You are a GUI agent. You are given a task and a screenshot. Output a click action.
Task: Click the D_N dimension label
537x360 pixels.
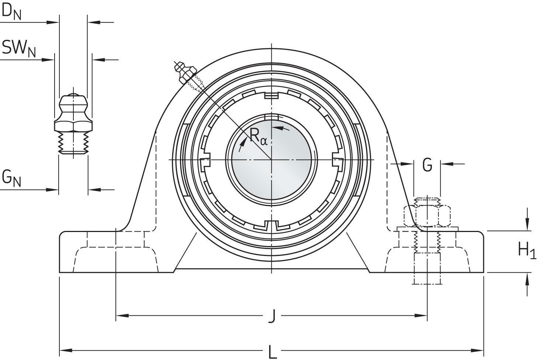(11, 12)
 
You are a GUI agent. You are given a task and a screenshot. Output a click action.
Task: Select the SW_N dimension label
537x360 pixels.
(18, 48)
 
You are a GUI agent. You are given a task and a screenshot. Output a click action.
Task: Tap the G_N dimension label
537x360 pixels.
(11, 178)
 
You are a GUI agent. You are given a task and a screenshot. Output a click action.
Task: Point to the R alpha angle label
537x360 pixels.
(258, 136)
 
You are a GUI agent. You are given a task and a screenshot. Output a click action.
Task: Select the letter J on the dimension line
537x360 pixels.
(272, 316)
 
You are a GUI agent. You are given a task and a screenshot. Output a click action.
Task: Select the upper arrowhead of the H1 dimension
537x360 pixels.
(526, 226)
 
